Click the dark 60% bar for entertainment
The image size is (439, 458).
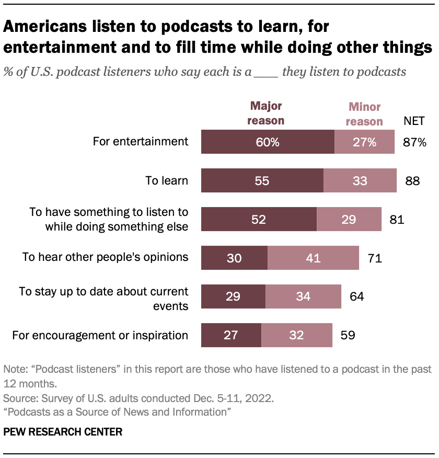coord(268,142)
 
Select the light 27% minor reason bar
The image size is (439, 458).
coord(364,142)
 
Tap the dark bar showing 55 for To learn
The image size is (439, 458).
coord(262,181)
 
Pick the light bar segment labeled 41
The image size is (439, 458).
coord(313,257)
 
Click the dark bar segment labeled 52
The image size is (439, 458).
coord(259,219)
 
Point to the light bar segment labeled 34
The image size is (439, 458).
coord(303,296)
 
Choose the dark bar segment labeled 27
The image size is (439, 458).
coord(231,335)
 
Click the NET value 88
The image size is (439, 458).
coord(412,181)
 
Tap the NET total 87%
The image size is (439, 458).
coord(415,142)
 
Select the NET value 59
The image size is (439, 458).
coord(348,335)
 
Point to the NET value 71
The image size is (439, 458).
coord(374,257)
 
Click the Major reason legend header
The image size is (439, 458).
coord(267,113)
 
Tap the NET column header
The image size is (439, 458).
coord(414,121)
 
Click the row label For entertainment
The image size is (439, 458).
coord(140,141)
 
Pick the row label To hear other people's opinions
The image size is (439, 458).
coord(105,257)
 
